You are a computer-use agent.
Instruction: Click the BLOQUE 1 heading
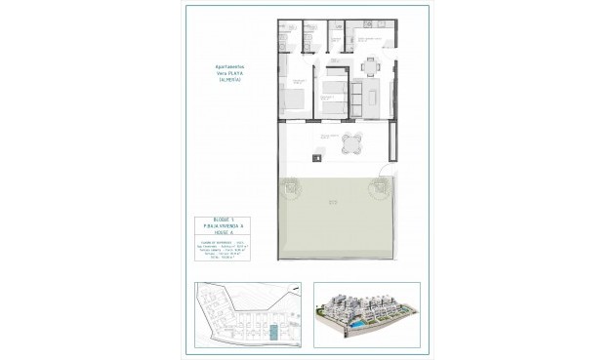pos(230,218)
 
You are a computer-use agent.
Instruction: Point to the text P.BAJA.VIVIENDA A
pos(230,225)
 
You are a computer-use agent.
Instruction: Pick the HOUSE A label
pos(230,233)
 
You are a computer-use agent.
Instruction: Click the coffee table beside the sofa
pos(372,99)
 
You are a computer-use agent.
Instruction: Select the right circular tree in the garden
pos(377,192)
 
